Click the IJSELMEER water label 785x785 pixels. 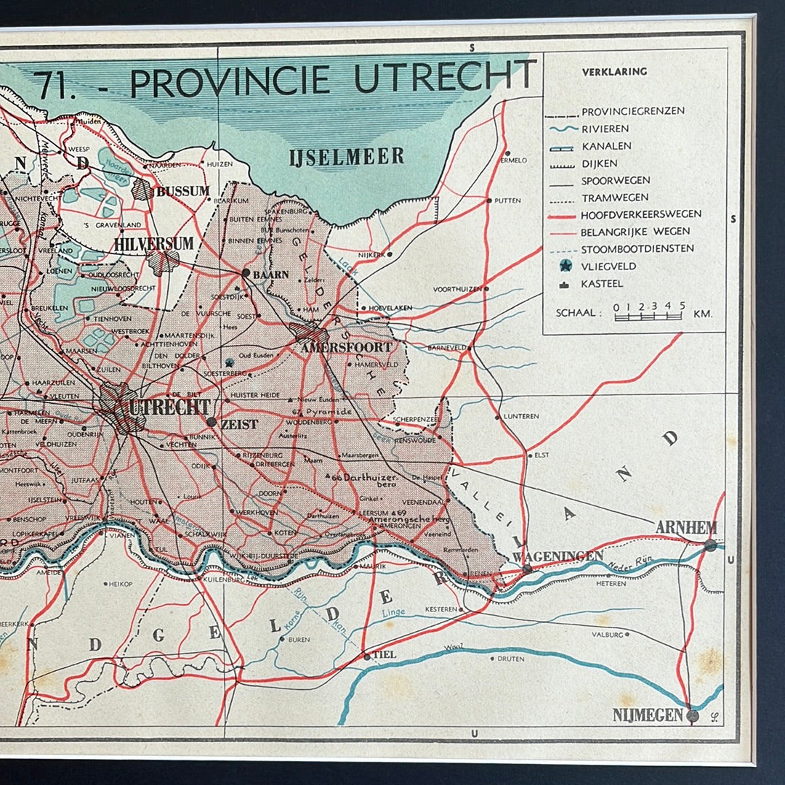(x=346, y=156)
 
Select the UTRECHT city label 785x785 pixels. (x=169, y=407)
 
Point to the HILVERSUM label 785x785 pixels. (x=153, y=244)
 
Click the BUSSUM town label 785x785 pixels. (x=182, y=192)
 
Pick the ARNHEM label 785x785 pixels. (x=685, y=528)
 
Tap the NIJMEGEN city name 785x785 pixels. (x=648, y=715)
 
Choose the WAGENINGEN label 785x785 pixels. (x=558, y=556)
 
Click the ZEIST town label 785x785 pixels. (x=239, y=424)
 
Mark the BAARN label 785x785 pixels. (x=270, y=275)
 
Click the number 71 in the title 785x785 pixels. (x=55, y=84)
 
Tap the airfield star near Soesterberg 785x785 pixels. (x=230, y=362)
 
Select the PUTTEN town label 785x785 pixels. (x=507, y=200)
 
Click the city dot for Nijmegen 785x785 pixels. (x=693, y=716)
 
